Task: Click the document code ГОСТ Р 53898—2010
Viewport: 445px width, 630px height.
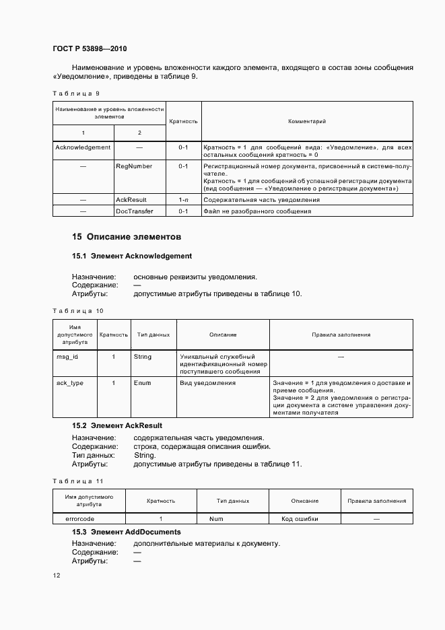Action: (90, 49)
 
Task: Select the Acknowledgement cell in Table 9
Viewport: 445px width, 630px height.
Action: (83, 147)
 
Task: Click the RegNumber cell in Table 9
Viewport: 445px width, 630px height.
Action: (134, 166)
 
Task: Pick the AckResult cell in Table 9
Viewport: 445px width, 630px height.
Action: (131, 200)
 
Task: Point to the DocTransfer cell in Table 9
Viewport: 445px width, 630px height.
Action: (135, 211)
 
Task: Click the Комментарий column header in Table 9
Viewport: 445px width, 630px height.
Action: (307, 122)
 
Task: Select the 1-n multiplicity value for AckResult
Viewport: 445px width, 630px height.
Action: (183, 200)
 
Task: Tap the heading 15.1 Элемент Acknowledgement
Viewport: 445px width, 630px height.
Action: (132, 256)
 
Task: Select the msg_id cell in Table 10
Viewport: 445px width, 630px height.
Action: (67, 357)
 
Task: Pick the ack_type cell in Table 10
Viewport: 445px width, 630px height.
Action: (70, 383)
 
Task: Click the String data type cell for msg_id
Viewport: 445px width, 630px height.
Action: (143, 357)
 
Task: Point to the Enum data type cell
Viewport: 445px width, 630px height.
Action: (143, 383)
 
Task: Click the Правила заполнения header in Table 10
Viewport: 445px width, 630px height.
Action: (341, 335)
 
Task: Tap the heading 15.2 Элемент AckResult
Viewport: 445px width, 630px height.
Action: (117, 426)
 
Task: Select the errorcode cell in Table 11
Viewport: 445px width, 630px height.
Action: (79, 519)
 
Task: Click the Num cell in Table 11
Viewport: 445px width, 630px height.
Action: (216, 519)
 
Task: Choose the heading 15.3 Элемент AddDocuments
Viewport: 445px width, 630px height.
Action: (127, 532)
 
